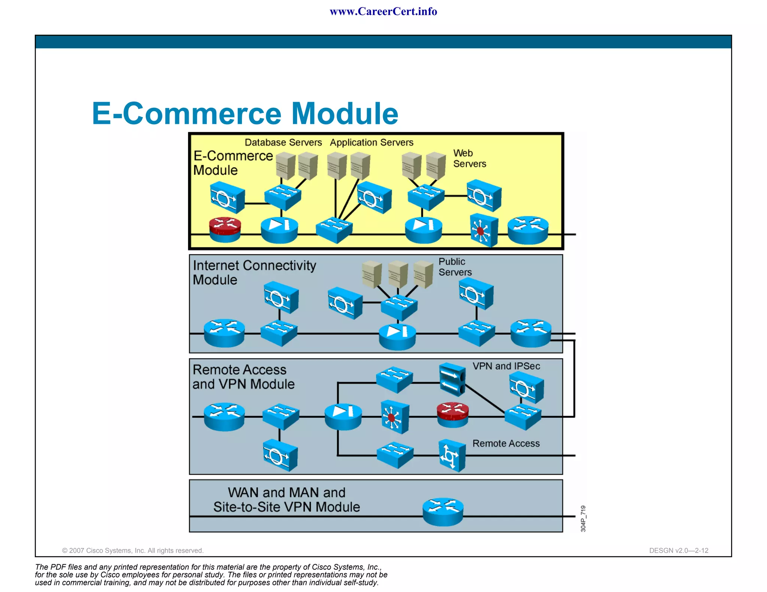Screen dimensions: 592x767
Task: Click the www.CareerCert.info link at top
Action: (383, 12)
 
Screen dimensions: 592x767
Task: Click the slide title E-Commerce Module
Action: (245, 113)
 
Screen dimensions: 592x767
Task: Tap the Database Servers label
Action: (283, 143)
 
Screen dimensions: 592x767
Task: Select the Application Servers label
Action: (372, 143)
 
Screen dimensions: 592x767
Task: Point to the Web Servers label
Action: (469, 158)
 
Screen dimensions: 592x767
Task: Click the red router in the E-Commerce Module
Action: (225, 229)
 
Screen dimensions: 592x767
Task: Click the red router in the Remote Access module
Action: (452, 414)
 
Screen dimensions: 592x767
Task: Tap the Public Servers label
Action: (455, 267)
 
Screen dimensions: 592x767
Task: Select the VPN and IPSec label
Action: (506, 366)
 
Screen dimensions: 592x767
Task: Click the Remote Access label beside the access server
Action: (506, 443)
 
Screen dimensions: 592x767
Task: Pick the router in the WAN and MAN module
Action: (443, 512)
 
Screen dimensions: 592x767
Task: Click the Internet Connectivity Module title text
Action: (254, 272)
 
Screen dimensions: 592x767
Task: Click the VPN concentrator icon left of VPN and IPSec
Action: (452, 379)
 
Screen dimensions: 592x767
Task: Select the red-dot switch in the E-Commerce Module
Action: (483, 230)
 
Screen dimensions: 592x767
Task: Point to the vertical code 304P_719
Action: (583, 518)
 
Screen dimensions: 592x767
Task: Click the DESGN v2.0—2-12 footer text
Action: (678, 550)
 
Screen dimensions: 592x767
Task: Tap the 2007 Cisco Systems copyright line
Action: (133, 550)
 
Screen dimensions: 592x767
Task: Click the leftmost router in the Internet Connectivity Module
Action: (224, 333)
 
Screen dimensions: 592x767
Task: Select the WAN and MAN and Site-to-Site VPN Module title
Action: (287, 500)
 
